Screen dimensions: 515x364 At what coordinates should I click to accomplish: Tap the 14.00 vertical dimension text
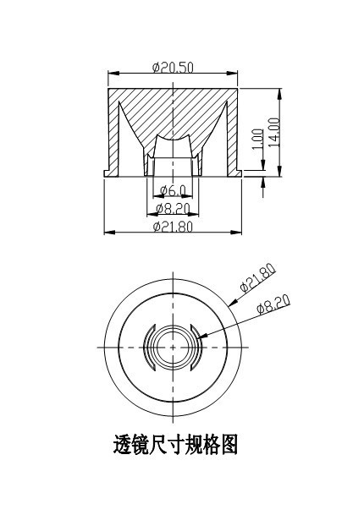tap(274, 132)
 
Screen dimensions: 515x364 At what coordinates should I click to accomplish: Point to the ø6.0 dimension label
tap(173, 191)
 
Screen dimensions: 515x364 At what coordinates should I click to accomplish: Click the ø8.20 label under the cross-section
tap(173, 208)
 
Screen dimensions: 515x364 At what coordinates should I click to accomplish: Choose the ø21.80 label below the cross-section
tap(173, 226)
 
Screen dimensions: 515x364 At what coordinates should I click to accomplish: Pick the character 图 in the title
tap(226, 445)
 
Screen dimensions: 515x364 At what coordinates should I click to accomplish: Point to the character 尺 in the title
tap(164, 445)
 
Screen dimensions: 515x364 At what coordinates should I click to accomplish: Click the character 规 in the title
tap(185, 445)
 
